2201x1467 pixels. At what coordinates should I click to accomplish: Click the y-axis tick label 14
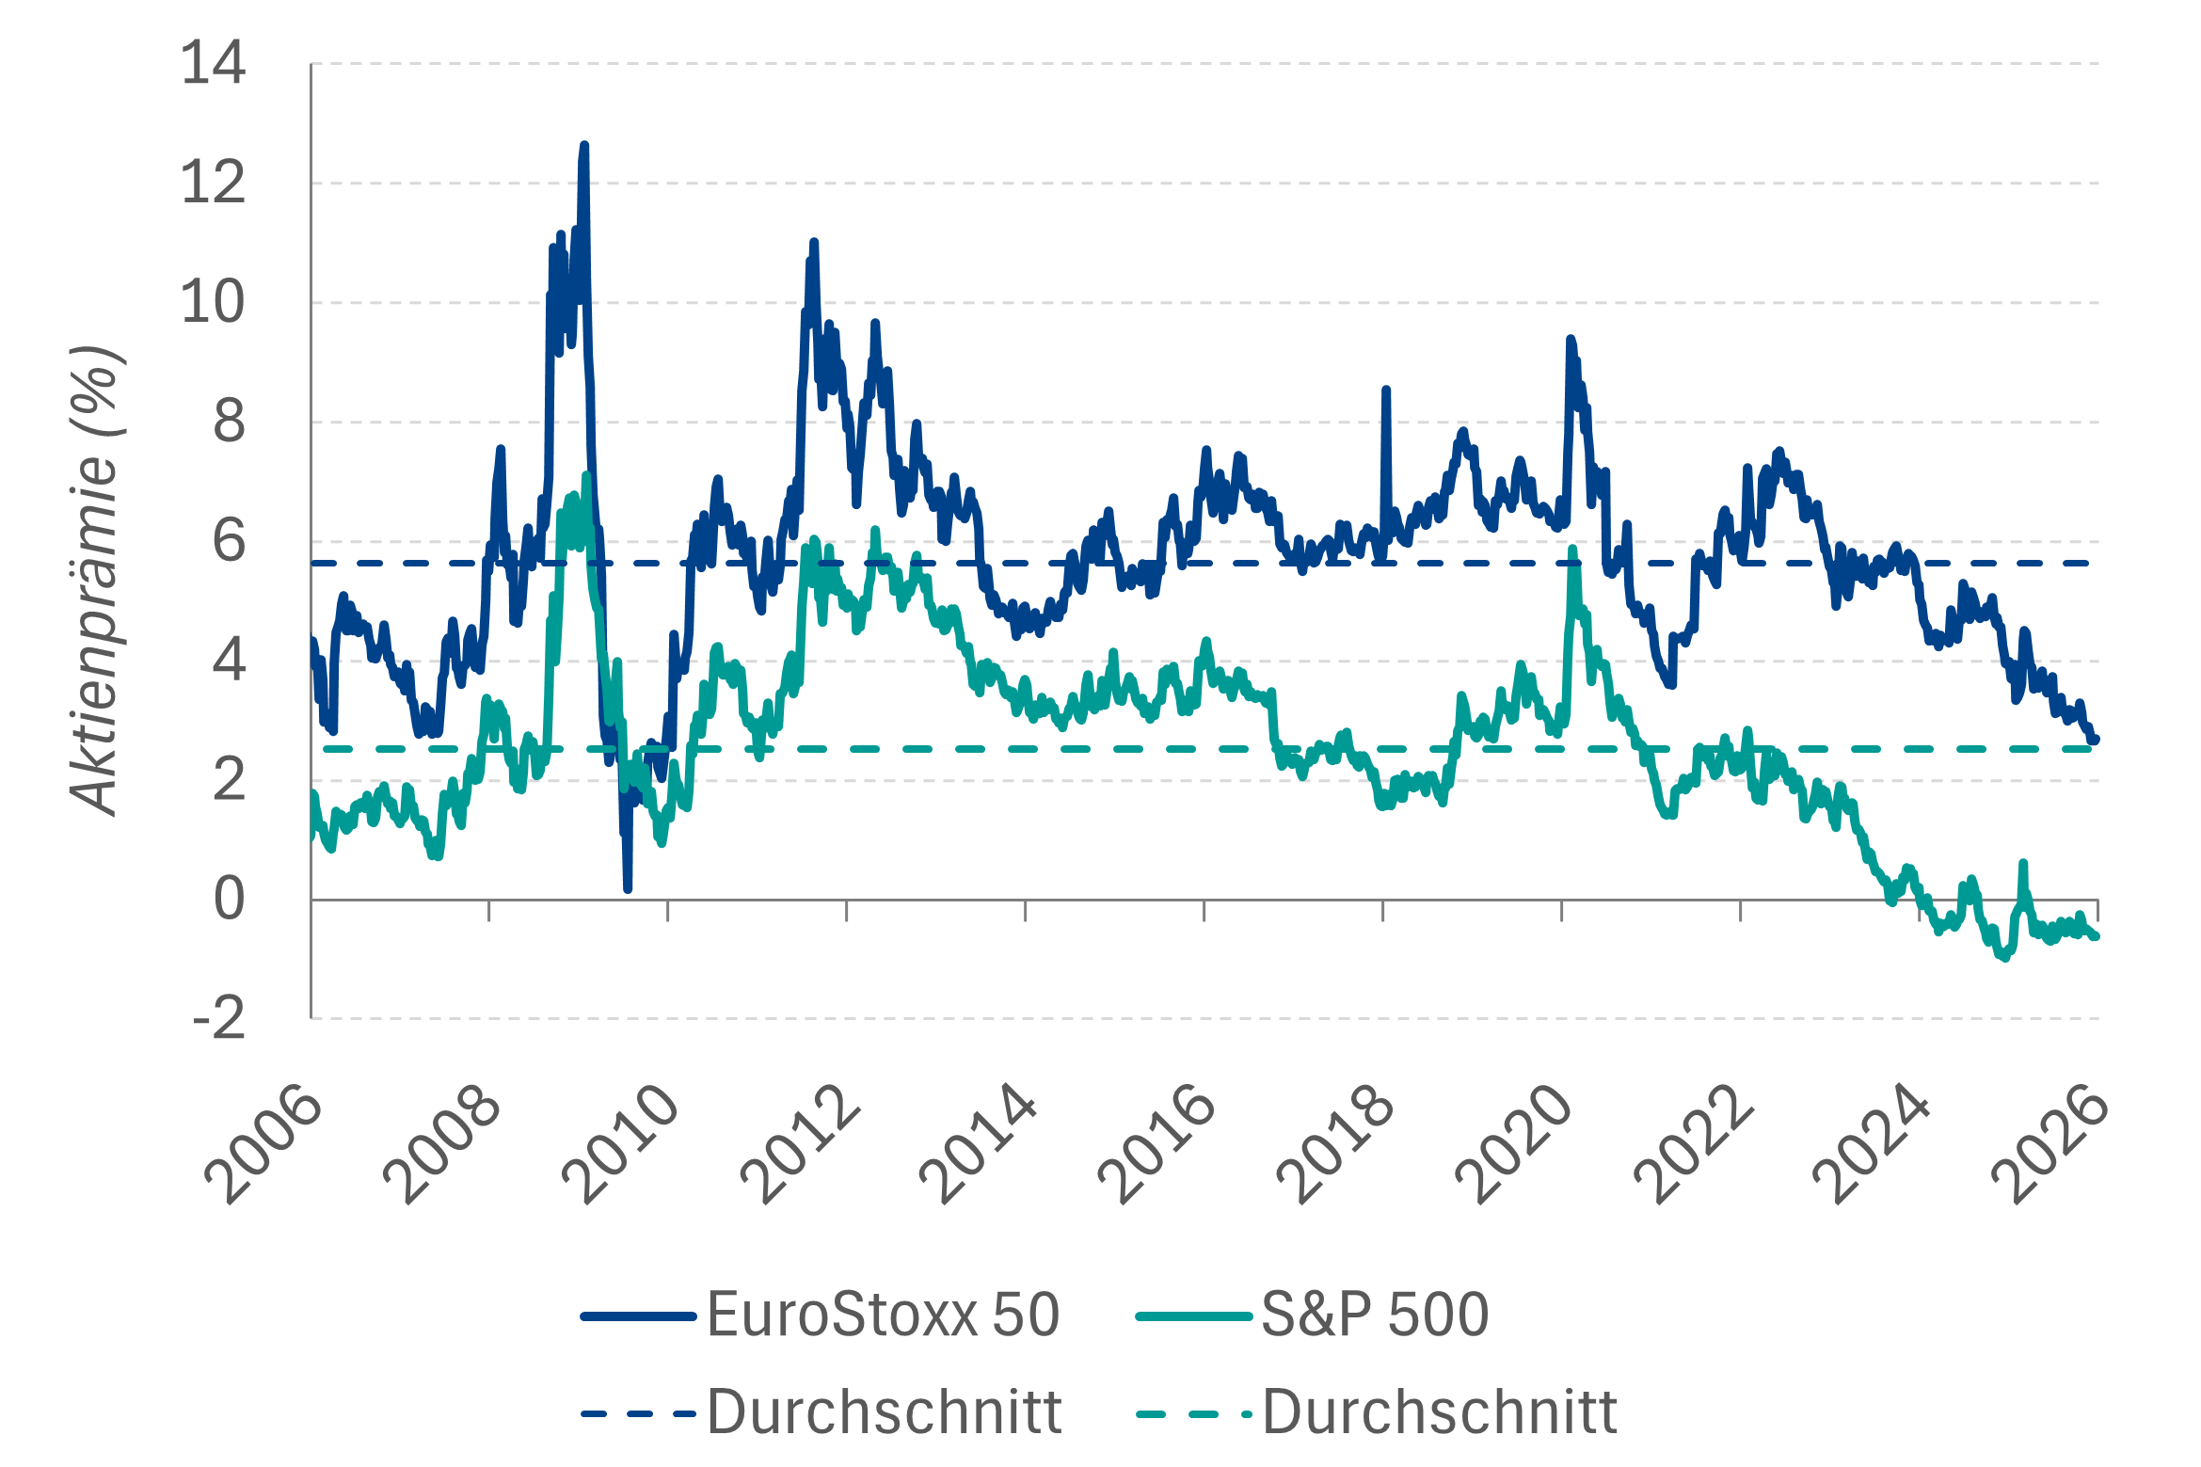point(214,64)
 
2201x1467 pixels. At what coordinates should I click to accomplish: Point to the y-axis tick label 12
point(214,183)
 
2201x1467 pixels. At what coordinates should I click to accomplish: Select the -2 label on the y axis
point(219,1019)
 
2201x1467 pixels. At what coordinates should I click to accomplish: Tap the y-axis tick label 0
point(230,900)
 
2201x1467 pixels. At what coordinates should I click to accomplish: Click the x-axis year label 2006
point(263,1142)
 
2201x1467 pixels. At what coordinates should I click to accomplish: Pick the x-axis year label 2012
point(800,1142)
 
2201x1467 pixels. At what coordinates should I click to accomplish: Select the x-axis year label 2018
point(1336,1142)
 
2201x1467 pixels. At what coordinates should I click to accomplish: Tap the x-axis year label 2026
point(2051,1142)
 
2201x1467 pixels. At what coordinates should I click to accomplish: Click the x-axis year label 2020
point(1515,1142)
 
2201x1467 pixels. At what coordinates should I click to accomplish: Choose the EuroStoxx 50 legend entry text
point(883,1315)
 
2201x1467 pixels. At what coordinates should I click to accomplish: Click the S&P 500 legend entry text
point(1375,1315)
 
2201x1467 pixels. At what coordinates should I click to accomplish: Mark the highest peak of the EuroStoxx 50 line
point(584,146)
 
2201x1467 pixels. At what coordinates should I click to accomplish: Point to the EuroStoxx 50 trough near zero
point(628,887)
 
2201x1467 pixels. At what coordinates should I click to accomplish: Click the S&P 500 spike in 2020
point(1571,550)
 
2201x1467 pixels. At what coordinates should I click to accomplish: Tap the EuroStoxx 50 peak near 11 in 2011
point(814,243)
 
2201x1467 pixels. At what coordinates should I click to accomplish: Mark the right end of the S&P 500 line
point(2096,936)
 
